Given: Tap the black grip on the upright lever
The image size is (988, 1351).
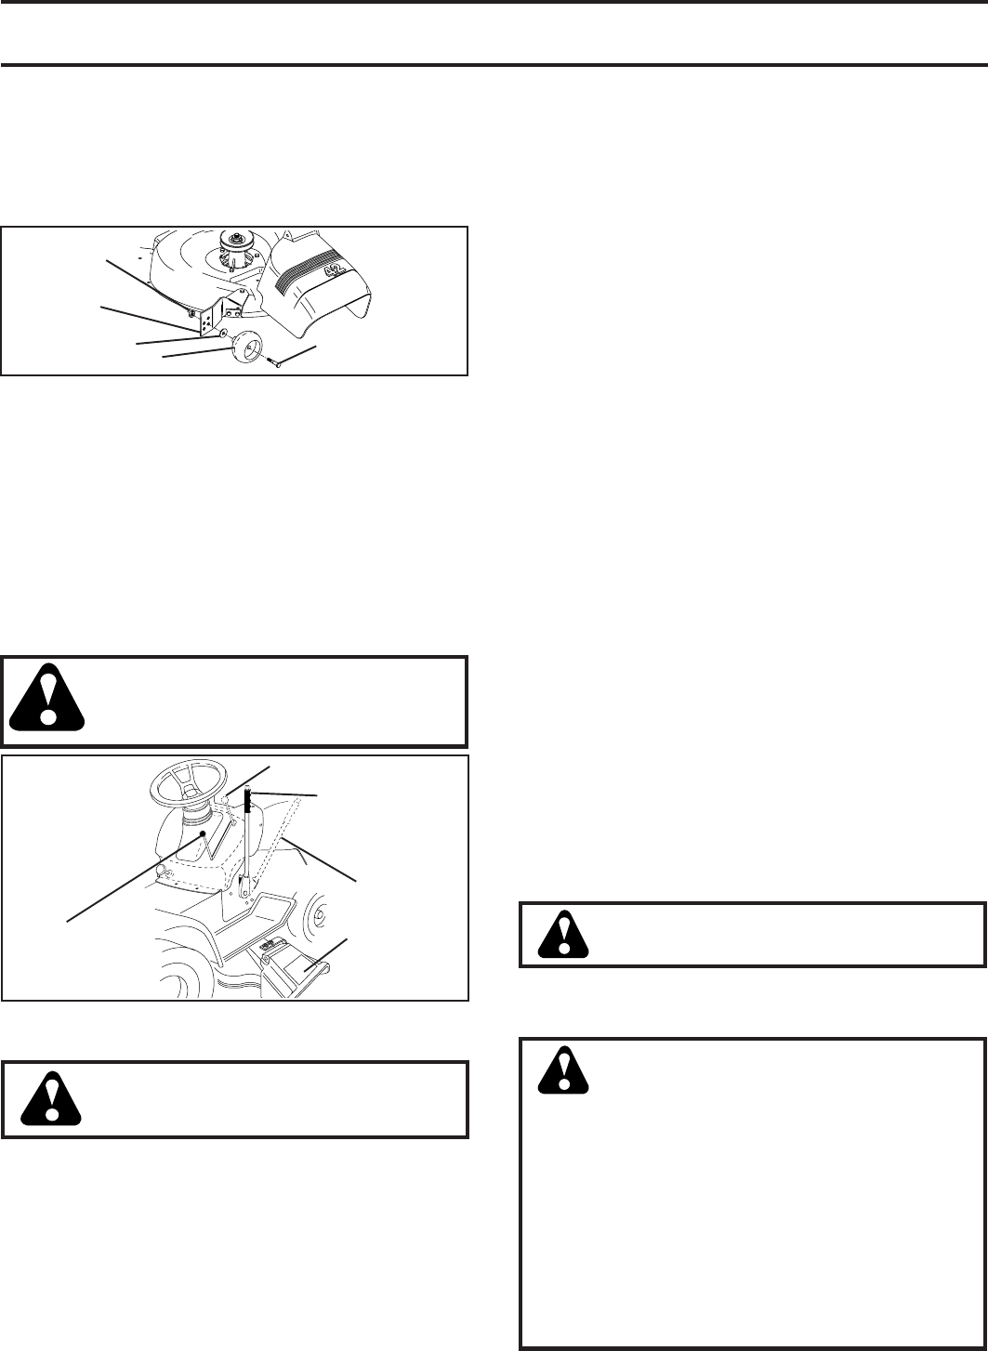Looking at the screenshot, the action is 249,800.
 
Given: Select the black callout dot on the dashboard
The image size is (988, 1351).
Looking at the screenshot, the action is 203,834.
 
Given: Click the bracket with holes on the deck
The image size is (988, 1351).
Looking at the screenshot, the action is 208,314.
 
